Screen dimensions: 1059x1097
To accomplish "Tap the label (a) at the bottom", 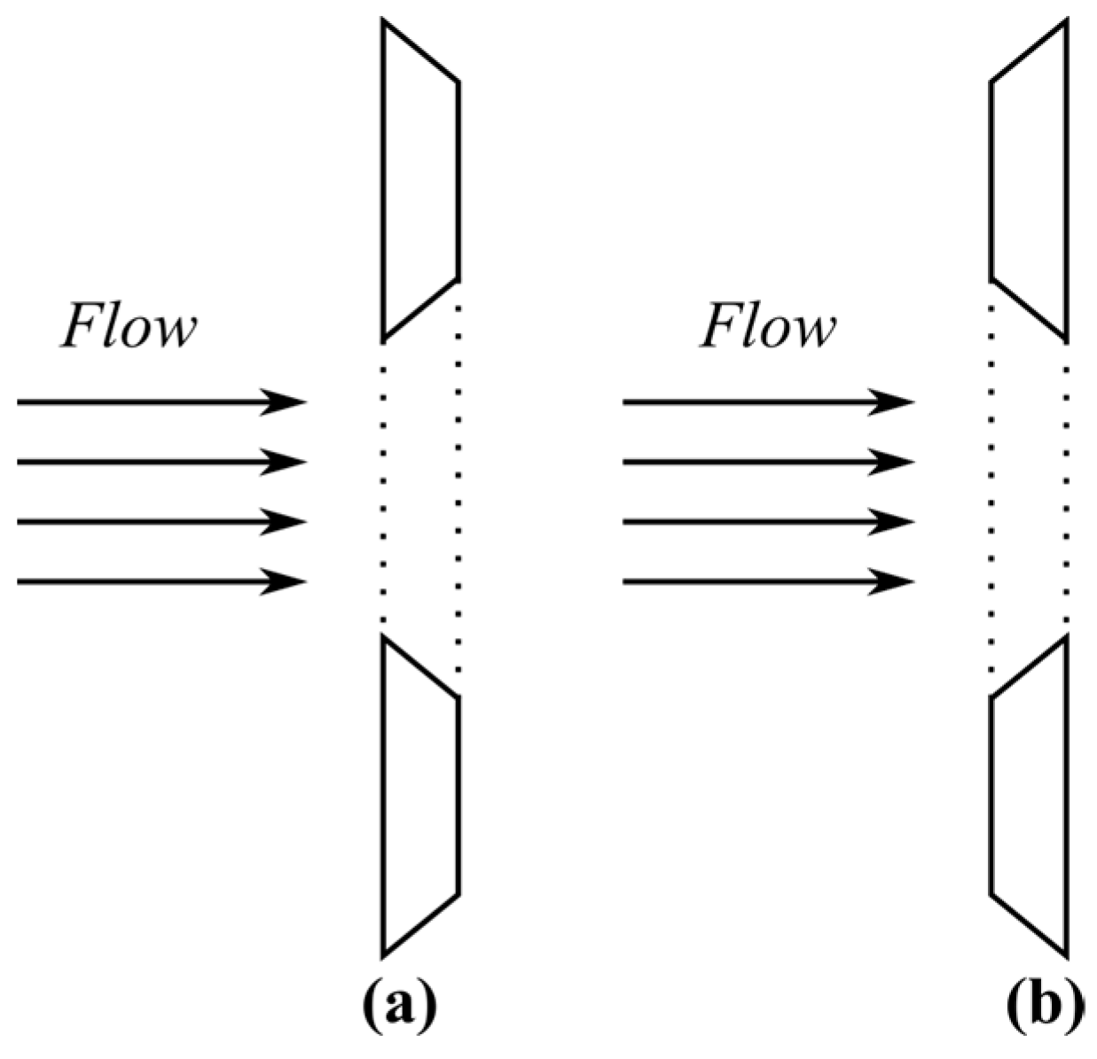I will coord(400,1007).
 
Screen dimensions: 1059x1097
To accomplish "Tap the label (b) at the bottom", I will coord(1046,1007).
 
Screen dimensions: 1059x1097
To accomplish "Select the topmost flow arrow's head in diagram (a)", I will coord(288,402).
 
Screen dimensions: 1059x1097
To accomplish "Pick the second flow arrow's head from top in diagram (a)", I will coord(288,462).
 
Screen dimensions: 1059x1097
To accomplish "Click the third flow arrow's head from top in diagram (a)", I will coord(288,522).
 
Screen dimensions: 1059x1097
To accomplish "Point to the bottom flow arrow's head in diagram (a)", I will coord(288,582).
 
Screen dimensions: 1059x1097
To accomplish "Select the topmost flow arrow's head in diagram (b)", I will coord(896,402).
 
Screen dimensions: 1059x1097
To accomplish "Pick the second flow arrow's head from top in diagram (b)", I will coord(896,462).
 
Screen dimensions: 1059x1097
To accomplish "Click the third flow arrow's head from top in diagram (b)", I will coord(896,522).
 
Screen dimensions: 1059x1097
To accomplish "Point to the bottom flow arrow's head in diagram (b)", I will coord(896,582).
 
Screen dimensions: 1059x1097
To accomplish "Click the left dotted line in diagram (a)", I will coord(383,487).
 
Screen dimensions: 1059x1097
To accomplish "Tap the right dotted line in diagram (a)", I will coord(458,487).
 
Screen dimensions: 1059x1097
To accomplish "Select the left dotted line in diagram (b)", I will coord(991,487).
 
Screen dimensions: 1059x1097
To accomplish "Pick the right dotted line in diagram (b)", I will coord(1065,487).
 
